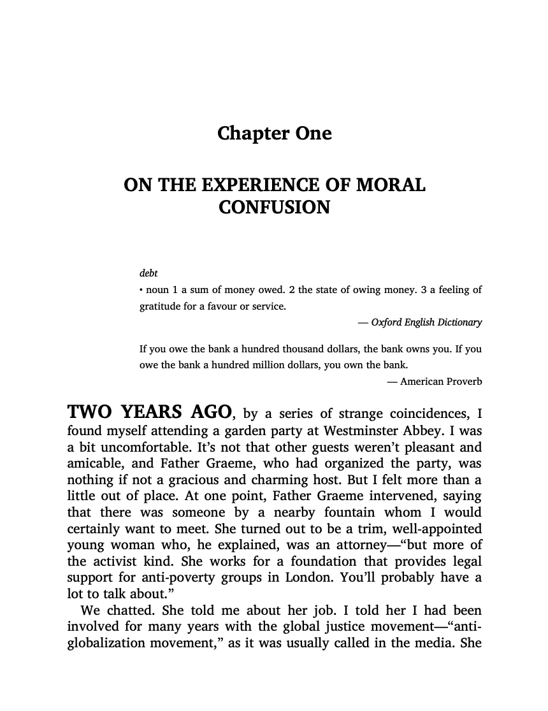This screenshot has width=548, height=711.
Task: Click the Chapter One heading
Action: (x=274, y=134)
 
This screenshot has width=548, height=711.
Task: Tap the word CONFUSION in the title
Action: (x=274, y=208)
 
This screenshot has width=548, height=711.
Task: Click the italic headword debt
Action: (x=148, y=273)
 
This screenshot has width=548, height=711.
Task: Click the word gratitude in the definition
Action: (x=160, y=306)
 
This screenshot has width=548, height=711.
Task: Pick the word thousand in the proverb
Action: (x=309, y=349)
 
